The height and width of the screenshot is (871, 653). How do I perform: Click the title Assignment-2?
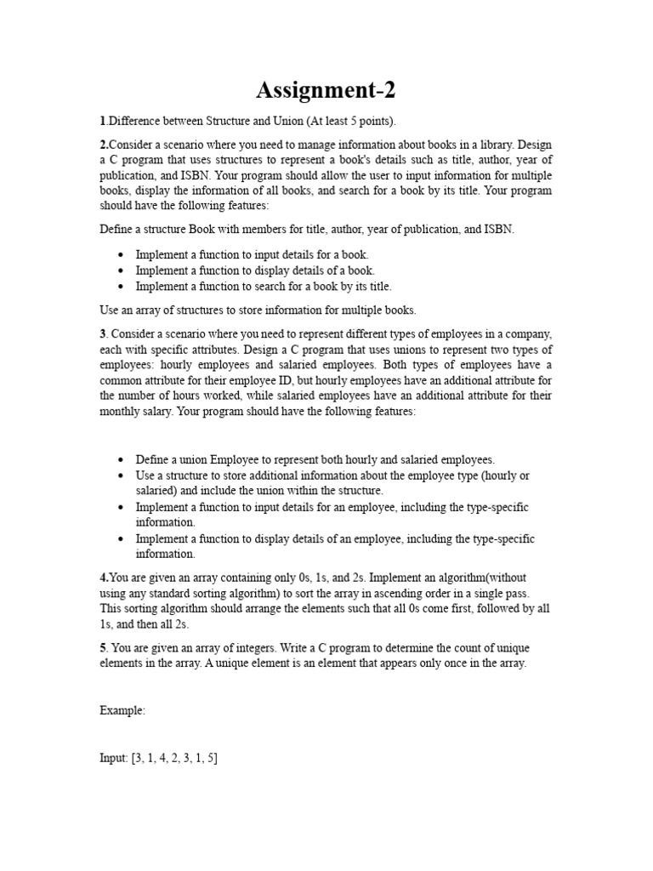coord(326,89)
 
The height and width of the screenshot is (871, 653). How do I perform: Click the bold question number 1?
coord(102,122)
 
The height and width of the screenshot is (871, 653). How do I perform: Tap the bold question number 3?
coord(102,335)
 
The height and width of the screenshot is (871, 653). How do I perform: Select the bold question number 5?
coord(103,648)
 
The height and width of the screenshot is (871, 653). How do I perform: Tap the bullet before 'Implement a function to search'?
coord(122,287)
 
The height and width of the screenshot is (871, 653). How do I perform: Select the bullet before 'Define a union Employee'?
coord(122,459)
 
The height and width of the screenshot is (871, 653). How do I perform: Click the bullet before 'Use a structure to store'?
coord(122,475)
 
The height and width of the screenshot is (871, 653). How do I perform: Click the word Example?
coord(122,710)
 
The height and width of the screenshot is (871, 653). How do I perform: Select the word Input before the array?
coord(113,758)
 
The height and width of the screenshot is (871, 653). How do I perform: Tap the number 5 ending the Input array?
coord(212,758)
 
